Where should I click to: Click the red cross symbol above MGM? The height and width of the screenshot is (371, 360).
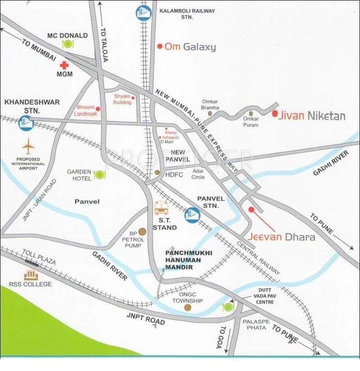63,66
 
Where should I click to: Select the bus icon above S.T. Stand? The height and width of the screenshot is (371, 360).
161,208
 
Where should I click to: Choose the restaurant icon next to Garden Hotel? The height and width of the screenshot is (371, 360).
100,174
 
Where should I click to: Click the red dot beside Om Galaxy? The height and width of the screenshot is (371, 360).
159,47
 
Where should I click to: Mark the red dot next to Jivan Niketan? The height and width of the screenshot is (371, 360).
274,114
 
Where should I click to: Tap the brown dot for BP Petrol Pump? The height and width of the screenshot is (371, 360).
142,231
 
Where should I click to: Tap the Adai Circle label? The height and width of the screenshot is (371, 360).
198,174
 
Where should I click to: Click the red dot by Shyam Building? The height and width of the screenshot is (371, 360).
133,97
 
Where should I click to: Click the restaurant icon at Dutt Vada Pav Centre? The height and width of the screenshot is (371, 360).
228,306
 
